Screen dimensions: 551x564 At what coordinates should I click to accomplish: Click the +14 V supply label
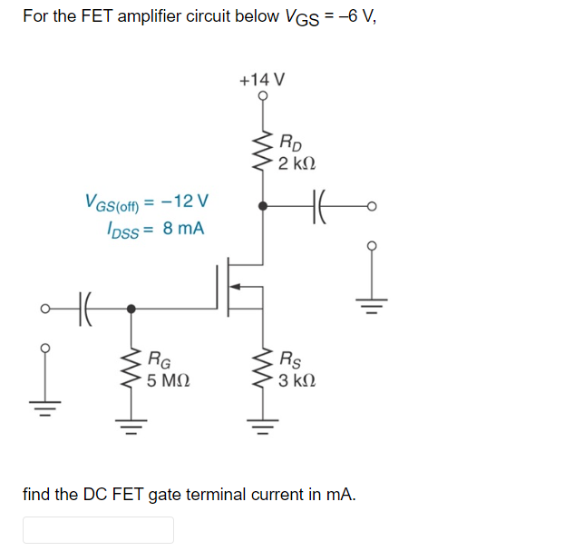263,79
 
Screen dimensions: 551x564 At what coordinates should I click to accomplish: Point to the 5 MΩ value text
168,380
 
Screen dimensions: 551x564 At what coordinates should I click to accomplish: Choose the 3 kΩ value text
299,380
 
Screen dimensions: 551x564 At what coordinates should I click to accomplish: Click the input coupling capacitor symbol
84,308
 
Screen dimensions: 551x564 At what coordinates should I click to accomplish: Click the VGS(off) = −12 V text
146,200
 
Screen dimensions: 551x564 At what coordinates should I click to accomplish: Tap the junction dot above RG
132,308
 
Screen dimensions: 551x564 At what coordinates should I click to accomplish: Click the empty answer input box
98,529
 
